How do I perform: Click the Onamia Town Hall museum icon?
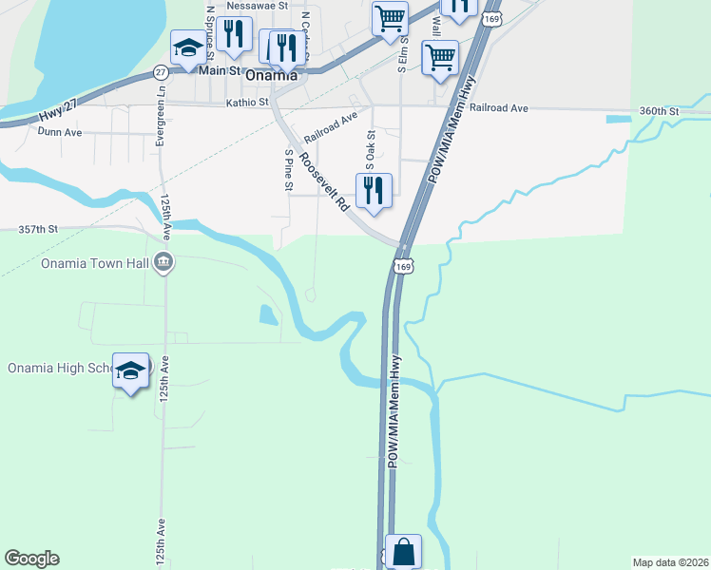(x=163, y=262)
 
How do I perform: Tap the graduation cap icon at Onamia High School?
(x=130, y=370)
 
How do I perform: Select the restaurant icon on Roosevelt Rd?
(x=374, y=190)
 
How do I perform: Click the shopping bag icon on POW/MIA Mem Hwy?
(x=403, y=551)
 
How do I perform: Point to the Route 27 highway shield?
(x=160, y=72)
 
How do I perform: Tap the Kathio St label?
(x=247, y=102)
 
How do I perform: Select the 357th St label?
(x=38, y=230)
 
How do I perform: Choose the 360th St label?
(x=659, y=111)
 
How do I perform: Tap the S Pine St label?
(x=288, y=169)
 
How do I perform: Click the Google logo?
(x=31, y=559)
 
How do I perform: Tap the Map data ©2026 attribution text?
(x=671, y=561)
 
